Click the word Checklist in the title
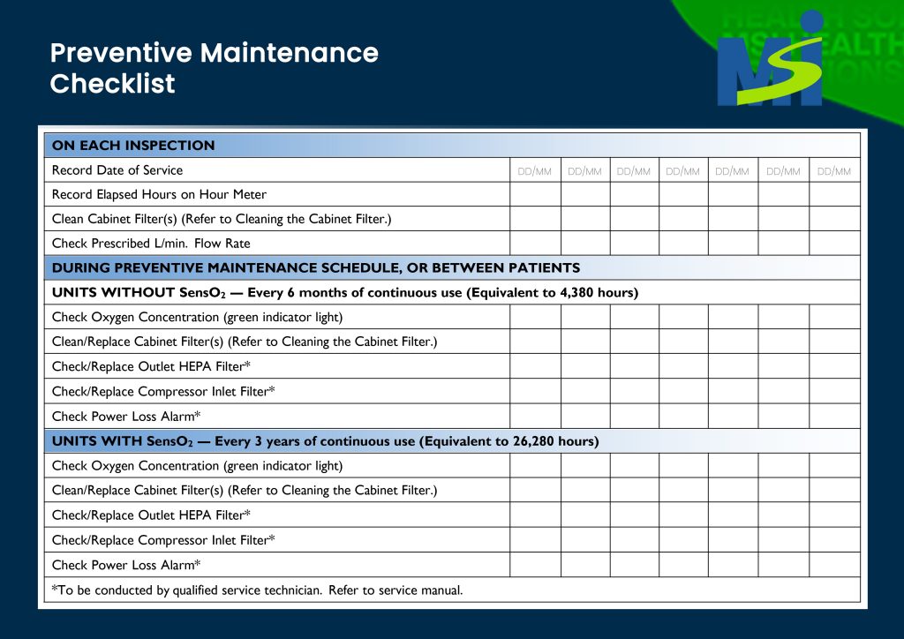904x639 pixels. click(113, 84)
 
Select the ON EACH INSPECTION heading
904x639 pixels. click(133, 146)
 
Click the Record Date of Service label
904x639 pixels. click(117, 170)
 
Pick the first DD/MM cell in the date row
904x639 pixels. click(535, 171)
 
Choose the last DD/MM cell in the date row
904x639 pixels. click(834, 171)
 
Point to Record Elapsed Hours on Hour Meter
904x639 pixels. click(159, 195)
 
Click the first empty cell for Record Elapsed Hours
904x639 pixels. click(535, 195)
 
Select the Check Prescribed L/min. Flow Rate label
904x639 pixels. click(151, 244)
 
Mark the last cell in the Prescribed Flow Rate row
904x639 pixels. click(834, 244)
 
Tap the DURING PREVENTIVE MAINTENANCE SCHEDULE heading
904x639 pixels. click(316, 268)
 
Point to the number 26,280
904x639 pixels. click(533, 441)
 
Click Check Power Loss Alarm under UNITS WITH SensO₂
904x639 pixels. click(126, 565)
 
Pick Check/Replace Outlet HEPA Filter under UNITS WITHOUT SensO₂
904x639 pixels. click(151, 367)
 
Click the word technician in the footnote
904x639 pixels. click(290, 590)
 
